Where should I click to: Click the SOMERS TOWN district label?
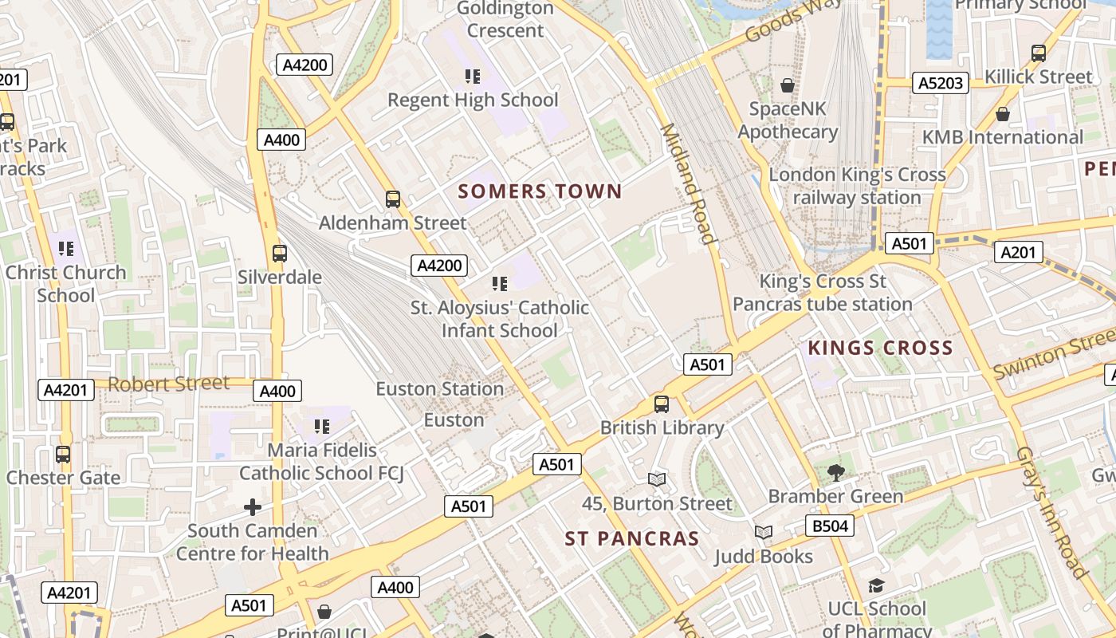pos(540,191)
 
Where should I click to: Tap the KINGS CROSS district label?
pos(880,348)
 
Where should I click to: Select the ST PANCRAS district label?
pos(632,538)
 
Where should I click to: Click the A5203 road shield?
pos(941,83)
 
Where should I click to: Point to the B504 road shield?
pos(830,526)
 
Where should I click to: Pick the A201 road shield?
pos(1019,253)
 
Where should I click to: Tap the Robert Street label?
pos(168,384)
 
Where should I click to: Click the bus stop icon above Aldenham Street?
pos(393,199)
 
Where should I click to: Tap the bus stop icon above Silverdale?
pos(279,254)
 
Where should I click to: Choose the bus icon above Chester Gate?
pos(63,455)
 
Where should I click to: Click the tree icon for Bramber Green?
pos(835,473)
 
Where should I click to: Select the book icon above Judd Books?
pos(764,532)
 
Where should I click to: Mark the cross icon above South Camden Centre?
pos(253,506)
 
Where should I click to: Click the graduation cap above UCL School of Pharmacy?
pos(876,586)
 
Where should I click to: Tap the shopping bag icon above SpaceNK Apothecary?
pos(788,85)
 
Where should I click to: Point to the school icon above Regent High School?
pos(473,77)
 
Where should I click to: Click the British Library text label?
pos(662,427)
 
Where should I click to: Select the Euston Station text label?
pos(440,389)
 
